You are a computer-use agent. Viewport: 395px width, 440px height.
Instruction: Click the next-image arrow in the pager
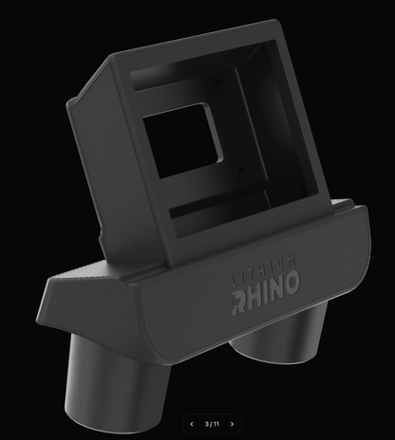pos(233,424)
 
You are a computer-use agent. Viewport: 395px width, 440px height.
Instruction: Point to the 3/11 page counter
pos(212,424)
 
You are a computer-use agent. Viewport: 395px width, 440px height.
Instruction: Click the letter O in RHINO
pos(292,281)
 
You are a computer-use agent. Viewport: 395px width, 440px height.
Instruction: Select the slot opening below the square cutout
pos(204,205)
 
